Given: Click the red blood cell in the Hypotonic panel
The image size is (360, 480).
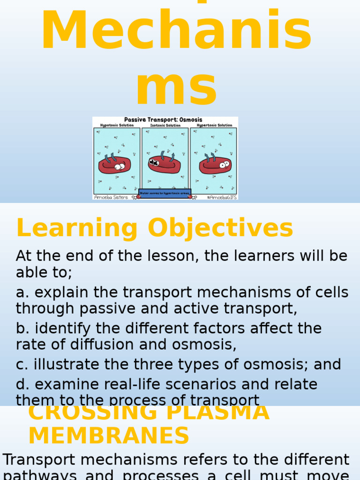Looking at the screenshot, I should click(x=115, y=165).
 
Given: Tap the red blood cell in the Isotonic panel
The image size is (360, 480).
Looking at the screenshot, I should click(x=165, y=165).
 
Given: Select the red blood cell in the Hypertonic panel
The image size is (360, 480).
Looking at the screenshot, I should click(x=215, y=165).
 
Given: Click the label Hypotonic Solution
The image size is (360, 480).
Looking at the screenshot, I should click(x=117, y=126).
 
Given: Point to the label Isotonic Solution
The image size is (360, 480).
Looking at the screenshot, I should click(x=165, y=126).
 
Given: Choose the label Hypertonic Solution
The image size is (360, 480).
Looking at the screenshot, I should click(x=214, y=126).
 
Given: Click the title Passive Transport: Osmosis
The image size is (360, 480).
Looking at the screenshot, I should click(x=163, y=120).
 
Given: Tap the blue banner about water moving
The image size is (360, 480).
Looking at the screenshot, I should click(x=165, y=193).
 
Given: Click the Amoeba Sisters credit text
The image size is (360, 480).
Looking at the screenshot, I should click(x=111, y=197).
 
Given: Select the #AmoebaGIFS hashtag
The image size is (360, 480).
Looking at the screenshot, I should click(x=221, y=197).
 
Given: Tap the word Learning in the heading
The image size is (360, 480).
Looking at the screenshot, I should click(x=77, y=229).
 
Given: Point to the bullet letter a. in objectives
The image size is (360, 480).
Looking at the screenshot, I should click(x=22, y=292).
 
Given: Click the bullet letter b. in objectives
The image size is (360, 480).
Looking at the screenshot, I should click(x=22, y=329).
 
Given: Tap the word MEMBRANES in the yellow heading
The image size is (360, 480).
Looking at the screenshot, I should click(x=109, y=435).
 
